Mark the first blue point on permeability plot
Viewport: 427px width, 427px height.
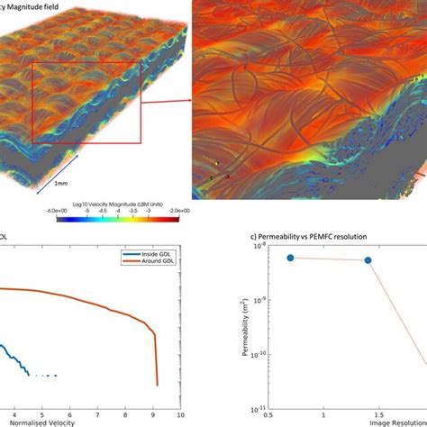tap(290, 258)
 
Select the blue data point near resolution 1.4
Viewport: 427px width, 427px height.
tap(368, 260)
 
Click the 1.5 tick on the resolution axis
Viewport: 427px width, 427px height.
tap(377, 415)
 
